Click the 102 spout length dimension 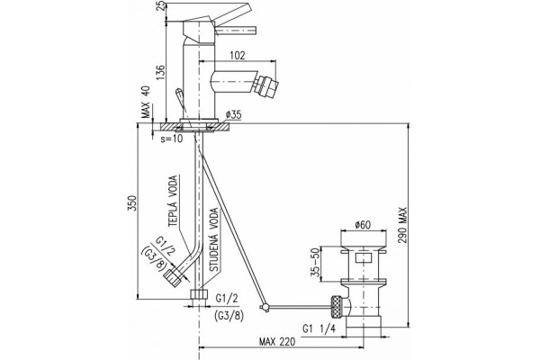(x=238, y=55)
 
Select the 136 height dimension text (x=161, y=73)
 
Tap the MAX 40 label (x=147, y=102)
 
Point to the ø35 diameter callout (x=234, y=114)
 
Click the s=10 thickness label (x=172, y=139)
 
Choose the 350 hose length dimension (x=133, y=202)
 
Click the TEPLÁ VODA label (x=174, y=201)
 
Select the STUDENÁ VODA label (x=214, y=239)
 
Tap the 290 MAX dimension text (x=402, y=225)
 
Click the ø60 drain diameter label (x=363, y=225)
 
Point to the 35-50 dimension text (x=315, y=262)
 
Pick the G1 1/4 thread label (x=319, y=328)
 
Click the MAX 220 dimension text (x=277, y=341)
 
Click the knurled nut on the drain (x=337, y=308)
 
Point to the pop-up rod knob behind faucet (x=180, y=95)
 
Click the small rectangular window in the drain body (x=364, y=257)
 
